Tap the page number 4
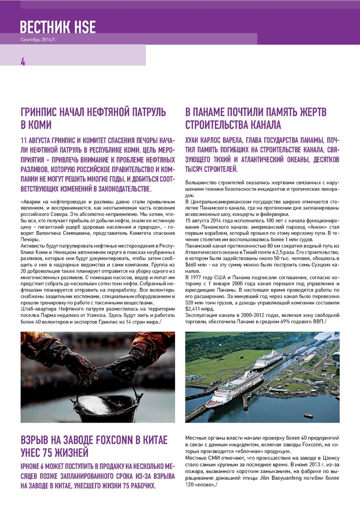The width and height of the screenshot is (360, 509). pos(23,62)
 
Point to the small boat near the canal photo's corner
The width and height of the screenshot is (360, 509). pos(308,415)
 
